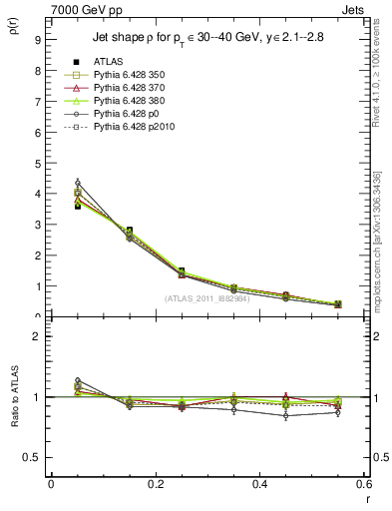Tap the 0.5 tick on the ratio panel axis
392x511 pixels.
point(34,457)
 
